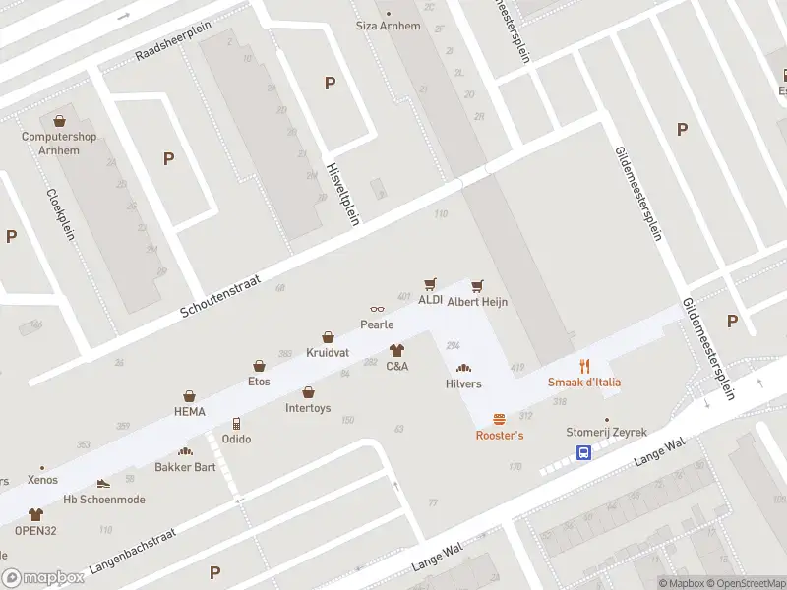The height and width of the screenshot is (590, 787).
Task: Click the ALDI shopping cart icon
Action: pyautogui.click(x=429, y=284)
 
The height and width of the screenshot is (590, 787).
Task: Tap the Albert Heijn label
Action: pyautogui.click(x=477, y=302)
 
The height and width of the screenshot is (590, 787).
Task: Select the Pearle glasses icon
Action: pyautogui.click(x=377, y=310)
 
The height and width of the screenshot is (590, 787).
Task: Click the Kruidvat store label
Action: pyautogui.click(x=328, y=352)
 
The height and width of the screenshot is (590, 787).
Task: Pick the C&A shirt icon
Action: pyautogui.click(x=396, y=350)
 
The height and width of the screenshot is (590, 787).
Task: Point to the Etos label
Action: pyautogui.click(x=259, y=381)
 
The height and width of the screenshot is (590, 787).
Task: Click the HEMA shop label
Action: pyautogui.click(x=189, y=411)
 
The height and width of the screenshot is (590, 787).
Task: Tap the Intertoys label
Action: pyautogui.click(x=308, y=407)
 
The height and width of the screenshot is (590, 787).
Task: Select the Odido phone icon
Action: pyautogui.click(x=235, y=424)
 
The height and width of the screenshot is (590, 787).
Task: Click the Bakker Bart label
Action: pyautogui.click(x=190, y=466)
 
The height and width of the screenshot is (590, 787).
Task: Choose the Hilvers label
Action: pyautogui.click(x=463, y=383)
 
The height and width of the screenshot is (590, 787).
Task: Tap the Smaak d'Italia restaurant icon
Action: pyautogui.click(x=584, y=366)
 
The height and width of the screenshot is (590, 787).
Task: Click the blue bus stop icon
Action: pyautogui.click(x=583, y=453)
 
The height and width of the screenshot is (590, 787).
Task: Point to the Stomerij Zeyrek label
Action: pyautogui.click(x=607, y=432)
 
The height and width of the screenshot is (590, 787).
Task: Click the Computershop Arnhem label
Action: pyautogui.click(x=59, y=143)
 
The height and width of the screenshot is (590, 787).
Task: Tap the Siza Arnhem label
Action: pyautogui.click(x=388, y=25)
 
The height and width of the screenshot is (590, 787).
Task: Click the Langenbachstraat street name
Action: pyautogui.click(x=132, y=551)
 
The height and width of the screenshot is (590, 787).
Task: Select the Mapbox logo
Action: pyautogui.click(x=41, y=578)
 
